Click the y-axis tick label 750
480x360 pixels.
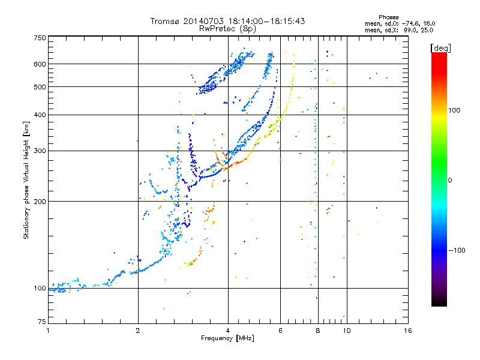pos(40,38)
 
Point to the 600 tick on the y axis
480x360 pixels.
pos(40,64)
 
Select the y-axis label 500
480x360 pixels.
pos(40,87)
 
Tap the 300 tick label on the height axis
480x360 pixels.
pos(40,151)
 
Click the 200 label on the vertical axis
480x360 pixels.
pos(40,202)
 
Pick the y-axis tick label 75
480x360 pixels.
pos(42,322)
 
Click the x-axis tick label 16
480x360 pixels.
pos(408,331)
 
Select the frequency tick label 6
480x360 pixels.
pos(280,331)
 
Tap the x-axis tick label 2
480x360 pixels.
pos(138,331)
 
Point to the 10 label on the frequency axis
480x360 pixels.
pos(347,331)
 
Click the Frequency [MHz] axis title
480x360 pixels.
pos(228,338)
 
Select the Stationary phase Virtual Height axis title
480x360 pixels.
pos(26,180)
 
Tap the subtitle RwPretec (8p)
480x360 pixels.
pos(227,29)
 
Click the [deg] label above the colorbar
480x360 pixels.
pos(440,48)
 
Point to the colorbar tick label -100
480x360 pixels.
pos(457,250)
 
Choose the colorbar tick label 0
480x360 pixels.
pos(450,181)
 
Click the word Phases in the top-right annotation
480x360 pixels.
pos(388,17)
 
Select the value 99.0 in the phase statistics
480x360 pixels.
pos(409,31)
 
